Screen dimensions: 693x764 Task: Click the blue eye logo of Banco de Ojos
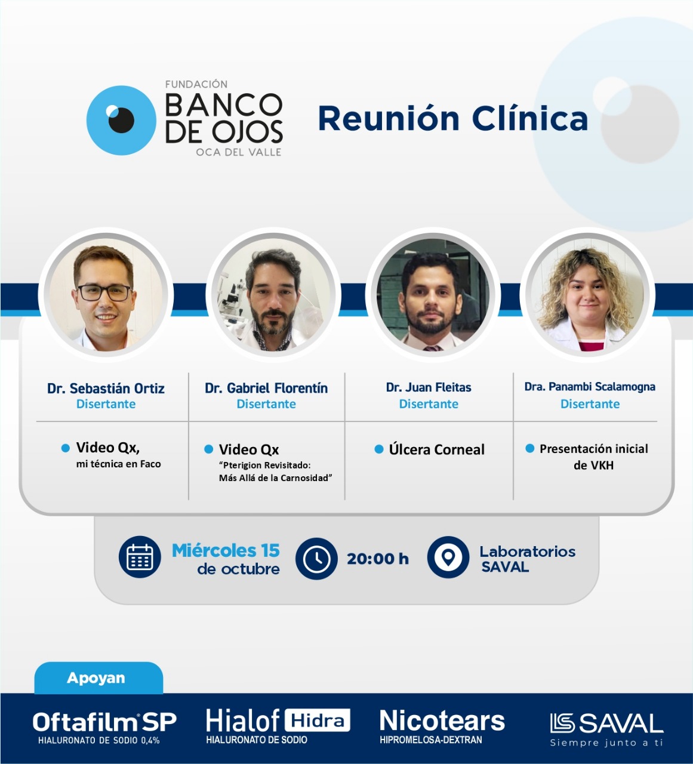point(121,120)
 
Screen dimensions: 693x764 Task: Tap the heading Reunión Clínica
point(453,118)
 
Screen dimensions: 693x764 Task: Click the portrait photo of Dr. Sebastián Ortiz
point(106,295)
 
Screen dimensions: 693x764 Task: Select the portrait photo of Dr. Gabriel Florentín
point(273,295)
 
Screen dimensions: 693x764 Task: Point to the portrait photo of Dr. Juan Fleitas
point(433,295)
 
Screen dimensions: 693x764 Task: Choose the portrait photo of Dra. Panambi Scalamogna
point(587,295)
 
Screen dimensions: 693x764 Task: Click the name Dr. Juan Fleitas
point(429,387)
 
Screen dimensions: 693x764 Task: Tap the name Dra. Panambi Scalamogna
point(590,387)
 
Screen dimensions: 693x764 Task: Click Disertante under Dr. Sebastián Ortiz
point(106,403)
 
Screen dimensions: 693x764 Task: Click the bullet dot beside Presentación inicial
point(529,448)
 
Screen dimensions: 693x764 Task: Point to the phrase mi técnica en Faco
point(118,464)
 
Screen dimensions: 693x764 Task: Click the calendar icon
point(140,557)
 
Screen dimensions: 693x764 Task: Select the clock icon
point(316,559)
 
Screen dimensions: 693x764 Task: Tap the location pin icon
point(448,557)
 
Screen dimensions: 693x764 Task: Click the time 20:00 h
point(378,559)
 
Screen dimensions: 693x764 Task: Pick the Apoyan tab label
point(96,678)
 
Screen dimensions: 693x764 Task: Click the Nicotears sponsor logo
point(442,726)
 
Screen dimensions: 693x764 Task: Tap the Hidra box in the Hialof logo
point(318,720)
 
